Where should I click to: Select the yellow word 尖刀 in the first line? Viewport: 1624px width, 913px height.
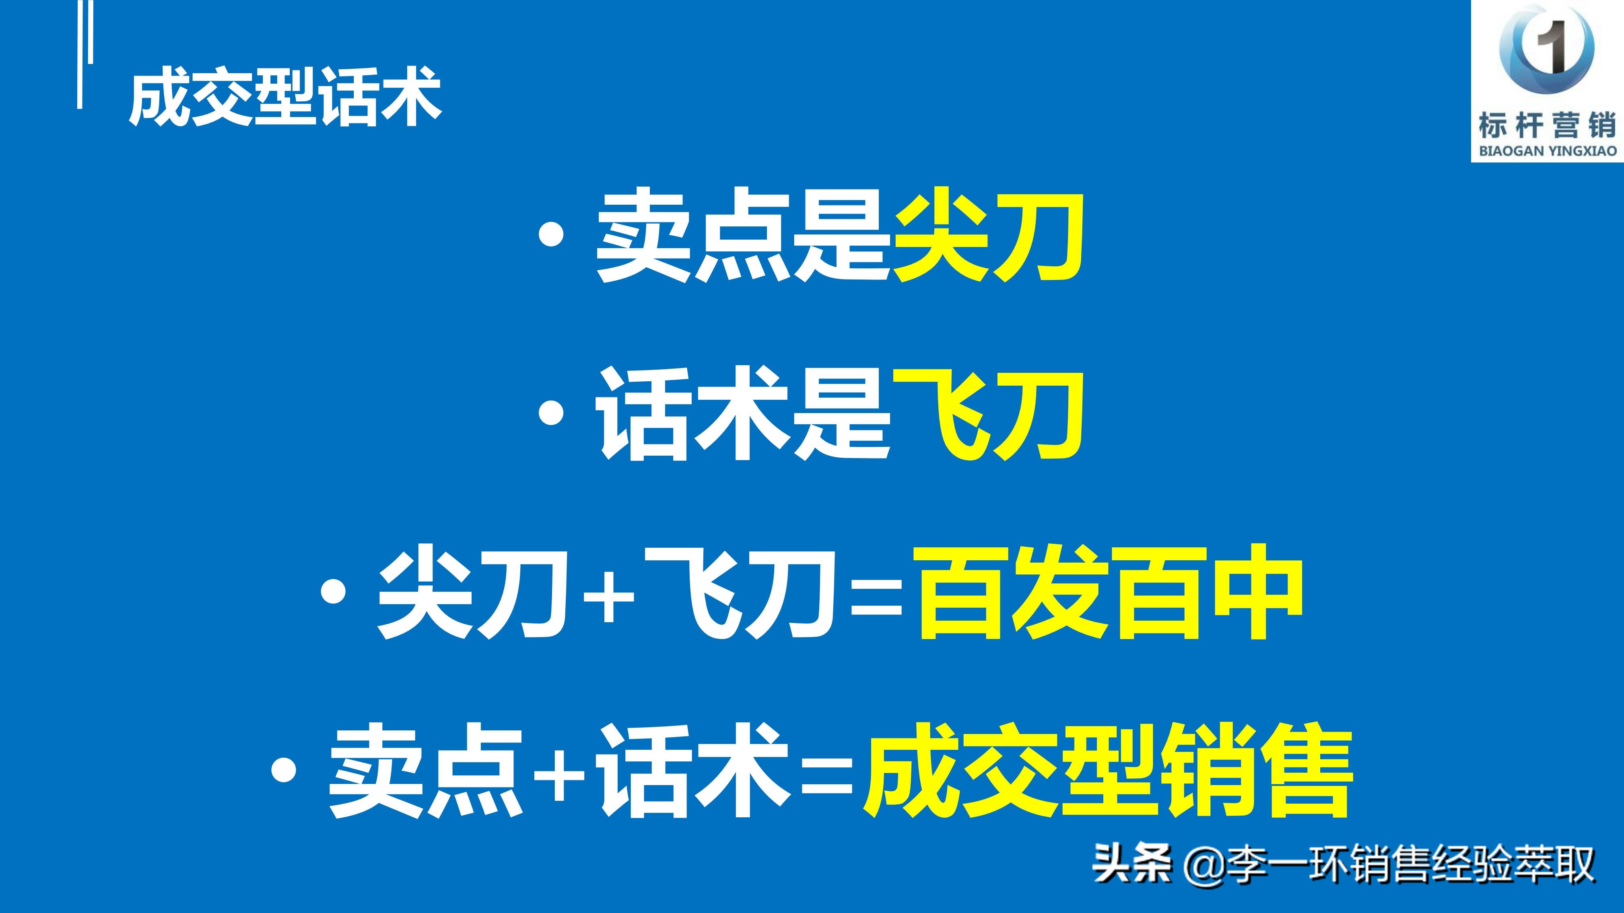tap(988, 236)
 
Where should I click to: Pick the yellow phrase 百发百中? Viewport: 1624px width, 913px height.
tap(1110, 592)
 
